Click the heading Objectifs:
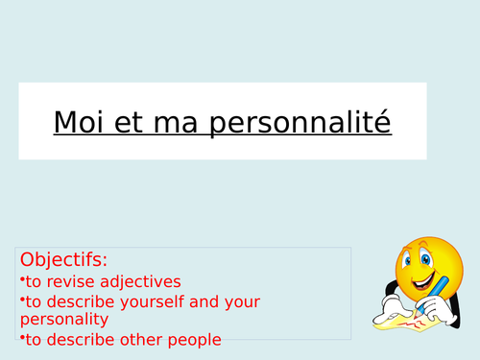pyautogui.click(x=63, y=260)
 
